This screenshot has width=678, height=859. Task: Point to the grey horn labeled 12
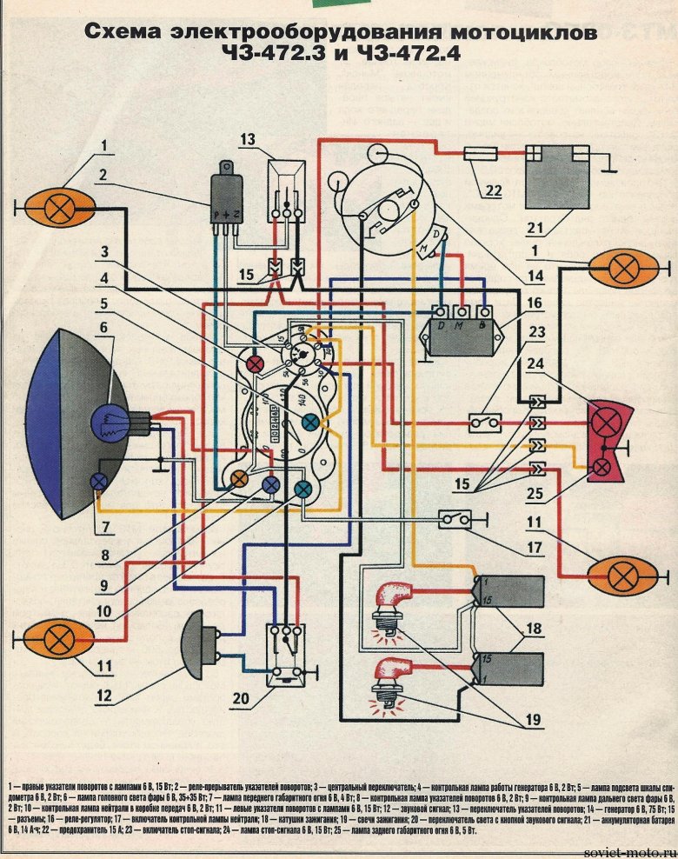pyautogui.click(x=201, y=645)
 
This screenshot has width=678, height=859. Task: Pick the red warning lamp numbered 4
pyautogui.click(x=256, y=363)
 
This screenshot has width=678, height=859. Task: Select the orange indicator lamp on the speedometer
pyautogui.click(x=237, y=479)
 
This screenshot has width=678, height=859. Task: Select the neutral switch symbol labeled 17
pyautogui.click(x=455, y=520)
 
